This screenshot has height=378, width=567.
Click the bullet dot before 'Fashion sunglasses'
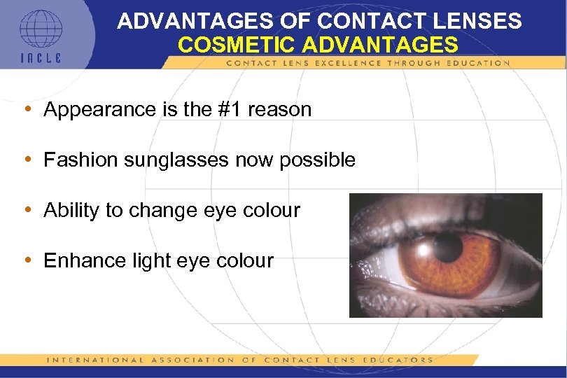pyautogui.click(x=27, y=160)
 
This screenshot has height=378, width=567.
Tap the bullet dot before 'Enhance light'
pyautogui.click(x=27, y=260)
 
